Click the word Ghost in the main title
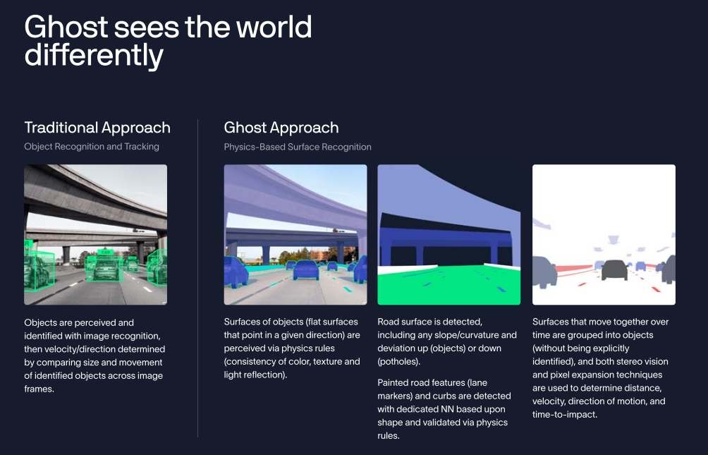[66, 26]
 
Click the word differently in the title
[94, 55]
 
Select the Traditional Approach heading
[97, 128]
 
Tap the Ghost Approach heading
[281, 128]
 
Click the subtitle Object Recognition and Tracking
[92, 147]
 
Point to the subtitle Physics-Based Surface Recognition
[298, 147]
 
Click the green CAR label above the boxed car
[106, 252]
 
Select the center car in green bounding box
[106, 268]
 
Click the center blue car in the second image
[305, 269]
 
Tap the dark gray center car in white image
[614, 269]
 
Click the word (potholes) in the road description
[398, 361]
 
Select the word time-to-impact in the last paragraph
[564, 414]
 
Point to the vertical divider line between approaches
[197, 279]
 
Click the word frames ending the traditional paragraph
[39, 389]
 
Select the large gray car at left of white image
[544, 272]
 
